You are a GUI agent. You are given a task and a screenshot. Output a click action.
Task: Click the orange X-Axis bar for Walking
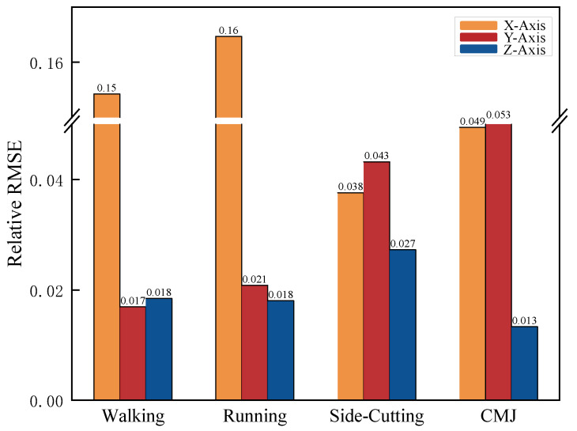107,253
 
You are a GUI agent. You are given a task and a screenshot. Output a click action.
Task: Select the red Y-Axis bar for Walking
133,353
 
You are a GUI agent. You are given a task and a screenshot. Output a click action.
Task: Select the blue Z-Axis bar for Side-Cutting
403,324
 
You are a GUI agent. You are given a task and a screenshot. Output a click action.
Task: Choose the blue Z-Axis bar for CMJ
525,363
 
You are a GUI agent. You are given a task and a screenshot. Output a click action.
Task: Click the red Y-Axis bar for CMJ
499,262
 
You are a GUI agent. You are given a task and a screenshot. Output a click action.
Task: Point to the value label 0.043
377,156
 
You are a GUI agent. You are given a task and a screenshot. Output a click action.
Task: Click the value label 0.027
403,244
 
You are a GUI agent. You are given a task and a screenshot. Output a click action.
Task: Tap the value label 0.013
525,320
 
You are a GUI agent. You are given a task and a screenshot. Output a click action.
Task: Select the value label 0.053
499,115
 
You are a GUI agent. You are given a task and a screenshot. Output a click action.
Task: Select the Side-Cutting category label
376,416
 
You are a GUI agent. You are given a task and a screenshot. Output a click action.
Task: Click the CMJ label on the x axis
499,416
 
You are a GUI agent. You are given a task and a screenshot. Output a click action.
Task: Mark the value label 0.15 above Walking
107,88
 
